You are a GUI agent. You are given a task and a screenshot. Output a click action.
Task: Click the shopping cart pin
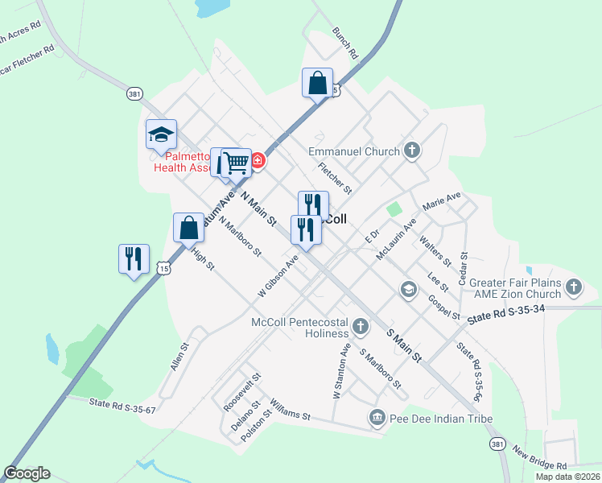(x=237, y=162)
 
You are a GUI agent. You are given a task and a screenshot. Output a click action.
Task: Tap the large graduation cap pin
(x=161, y=134)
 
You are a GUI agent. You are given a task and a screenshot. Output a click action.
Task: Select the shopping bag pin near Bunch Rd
(x=318, y=82)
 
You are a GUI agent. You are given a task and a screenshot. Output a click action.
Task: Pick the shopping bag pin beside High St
(x=188, y=227)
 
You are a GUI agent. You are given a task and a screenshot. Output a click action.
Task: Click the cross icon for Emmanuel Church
(x=412, y=151)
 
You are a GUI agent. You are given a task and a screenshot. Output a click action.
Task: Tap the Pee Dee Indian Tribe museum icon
(x=376, y=417)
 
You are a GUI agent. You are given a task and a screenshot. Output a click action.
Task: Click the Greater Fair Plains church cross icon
(x=573, y=286)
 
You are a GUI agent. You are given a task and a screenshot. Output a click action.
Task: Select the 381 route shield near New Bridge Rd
(x=497, y=444)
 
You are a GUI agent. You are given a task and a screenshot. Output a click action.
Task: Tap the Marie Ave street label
(x=442, y=202)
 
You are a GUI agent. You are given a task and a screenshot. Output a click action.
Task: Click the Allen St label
(x=179, y=357)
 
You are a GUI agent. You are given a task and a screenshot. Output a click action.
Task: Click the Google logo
(x=27, y=473)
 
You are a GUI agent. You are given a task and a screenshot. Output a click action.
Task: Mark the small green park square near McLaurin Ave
(x=394, y=208)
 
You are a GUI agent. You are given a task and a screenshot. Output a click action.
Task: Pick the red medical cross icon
(x=258, y=160)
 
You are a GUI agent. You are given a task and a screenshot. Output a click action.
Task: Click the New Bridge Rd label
(x=540, y=459)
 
